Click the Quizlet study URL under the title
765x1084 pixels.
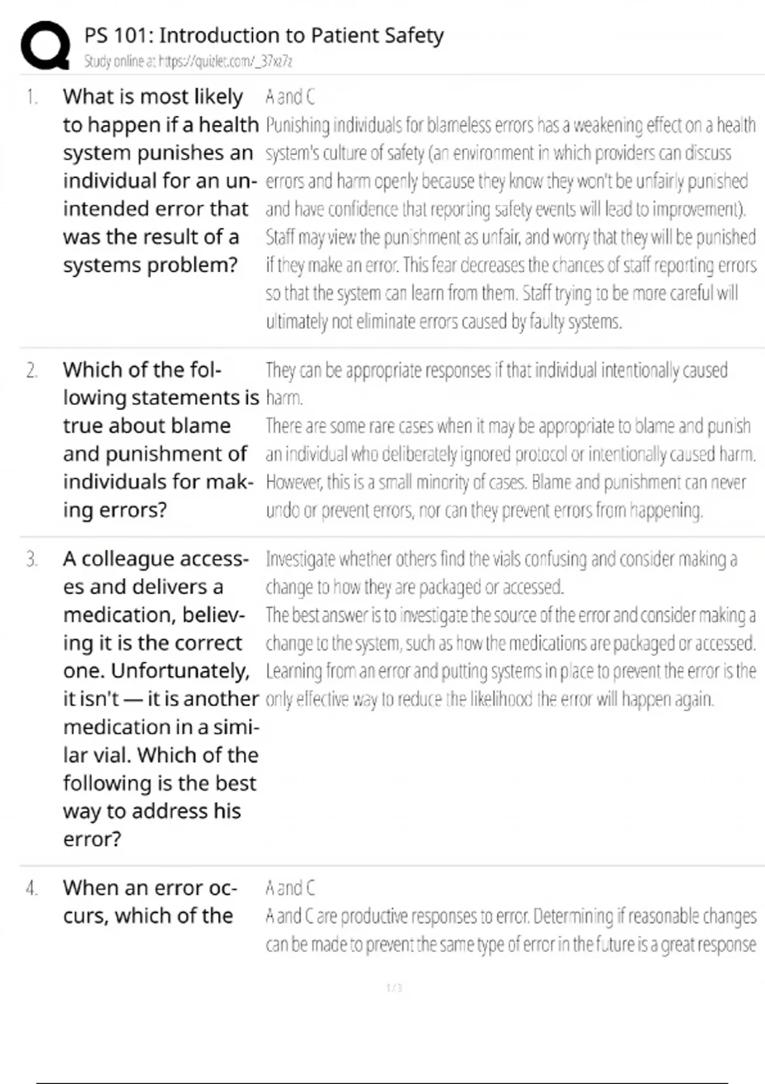(188, 61)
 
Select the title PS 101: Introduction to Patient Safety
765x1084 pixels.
(263, 35)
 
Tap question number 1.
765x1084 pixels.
(32, 97)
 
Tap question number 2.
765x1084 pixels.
(32, 370)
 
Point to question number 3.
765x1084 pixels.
(32, 559)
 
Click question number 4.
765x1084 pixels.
(32, 888)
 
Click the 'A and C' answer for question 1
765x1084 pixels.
(290, 97)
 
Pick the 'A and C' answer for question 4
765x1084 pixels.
(290, 888)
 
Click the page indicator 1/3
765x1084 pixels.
(394, 988)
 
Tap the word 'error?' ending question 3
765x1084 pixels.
(92, 839)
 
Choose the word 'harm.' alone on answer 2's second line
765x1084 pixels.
(284, 398)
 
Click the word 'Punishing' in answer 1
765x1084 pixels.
(297, 125)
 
